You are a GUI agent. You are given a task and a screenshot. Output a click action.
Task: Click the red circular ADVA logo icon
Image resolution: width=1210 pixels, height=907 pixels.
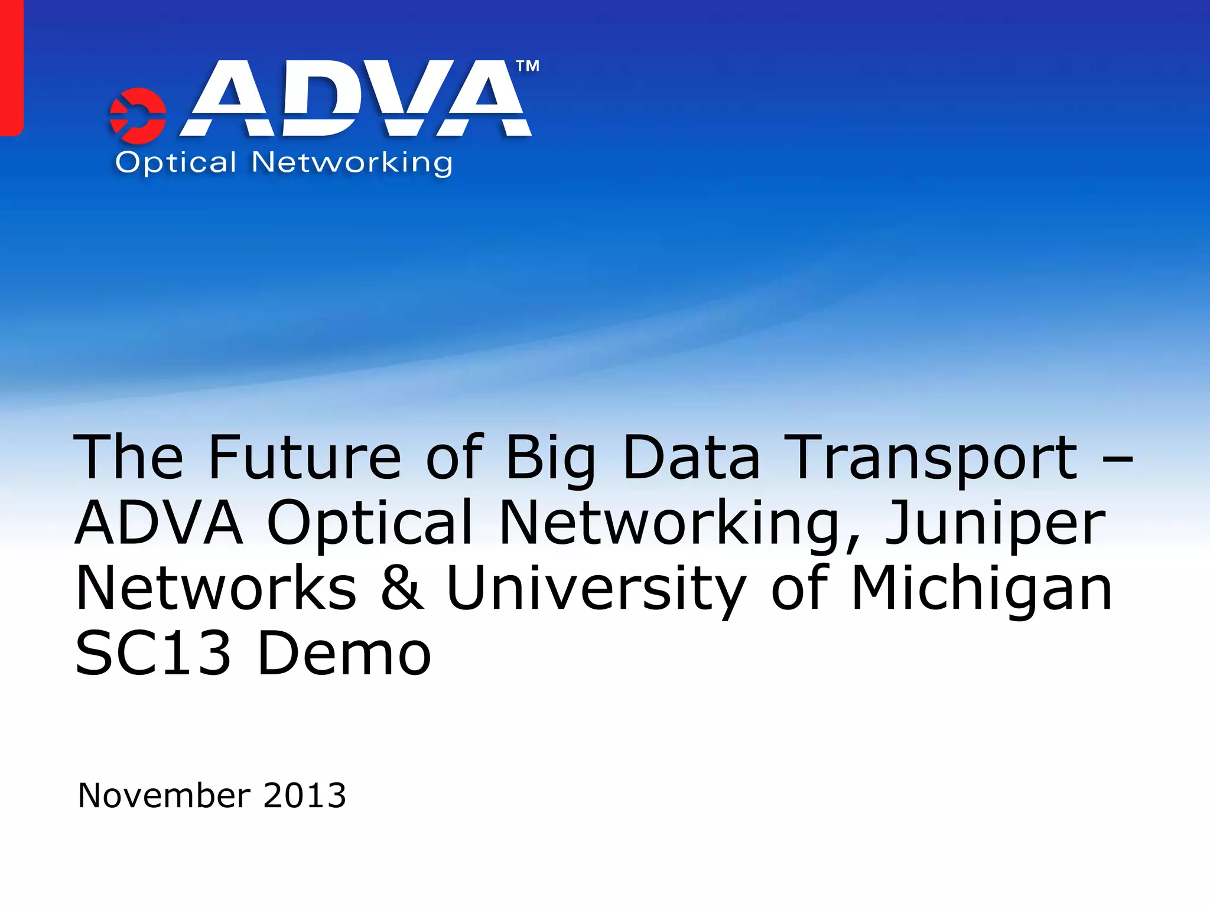coord(138,116)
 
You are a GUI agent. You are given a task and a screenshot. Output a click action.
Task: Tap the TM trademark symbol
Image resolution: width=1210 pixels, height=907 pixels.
coord(528,66)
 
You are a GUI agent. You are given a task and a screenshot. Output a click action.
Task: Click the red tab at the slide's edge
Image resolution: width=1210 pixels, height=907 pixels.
coord(11,68)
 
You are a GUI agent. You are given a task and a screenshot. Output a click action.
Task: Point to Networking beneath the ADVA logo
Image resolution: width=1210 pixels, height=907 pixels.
coord(352,162)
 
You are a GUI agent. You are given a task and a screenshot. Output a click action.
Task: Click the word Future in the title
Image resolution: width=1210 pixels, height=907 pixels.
coord(305,457)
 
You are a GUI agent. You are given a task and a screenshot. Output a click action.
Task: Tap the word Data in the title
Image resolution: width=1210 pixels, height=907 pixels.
coord(691,457)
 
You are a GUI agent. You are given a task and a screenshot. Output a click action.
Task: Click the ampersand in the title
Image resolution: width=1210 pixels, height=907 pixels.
coord(402,588)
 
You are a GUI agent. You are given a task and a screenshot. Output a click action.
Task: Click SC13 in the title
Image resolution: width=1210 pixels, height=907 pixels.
coord(153,653)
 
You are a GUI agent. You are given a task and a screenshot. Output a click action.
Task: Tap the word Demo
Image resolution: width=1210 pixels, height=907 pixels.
coord(344,653)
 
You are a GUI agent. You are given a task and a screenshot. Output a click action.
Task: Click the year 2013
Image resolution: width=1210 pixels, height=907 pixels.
coord(305,795)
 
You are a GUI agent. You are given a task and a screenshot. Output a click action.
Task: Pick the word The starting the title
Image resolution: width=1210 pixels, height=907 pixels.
coord(129,457)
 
